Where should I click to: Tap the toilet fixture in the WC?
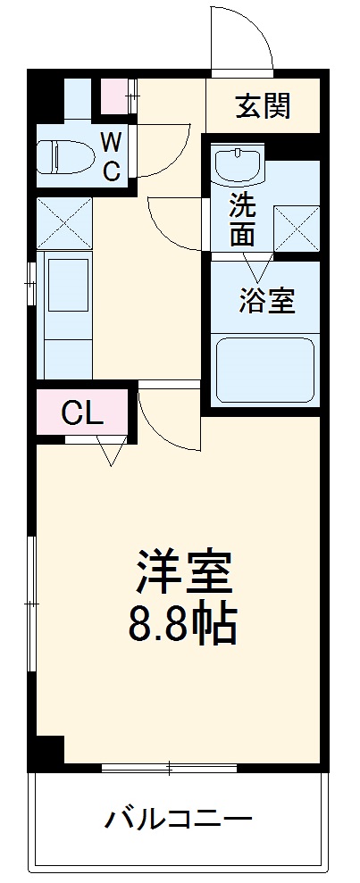tap(65, 157)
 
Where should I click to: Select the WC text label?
tap(111, 155)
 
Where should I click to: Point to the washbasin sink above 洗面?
tap(237, 164)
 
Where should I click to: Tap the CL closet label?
tap(82, 413)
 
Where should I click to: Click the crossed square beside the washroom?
tap(297, 228)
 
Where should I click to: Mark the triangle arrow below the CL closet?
tap(110, 454)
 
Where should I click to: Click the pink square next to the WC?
tap(113, 96)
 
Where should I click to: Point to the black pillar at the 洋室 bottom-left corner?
tap(50, 752)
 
